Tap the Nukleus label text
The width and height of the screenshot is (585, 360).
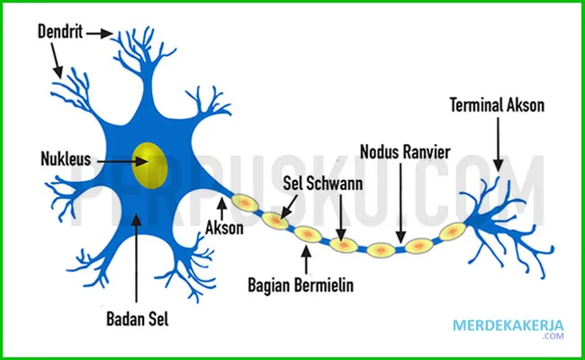point(67,160)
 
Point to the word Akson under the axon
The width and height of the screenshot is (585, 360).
point(225,229)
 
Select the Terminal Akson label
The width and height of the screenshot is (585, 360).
point(497,106)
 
